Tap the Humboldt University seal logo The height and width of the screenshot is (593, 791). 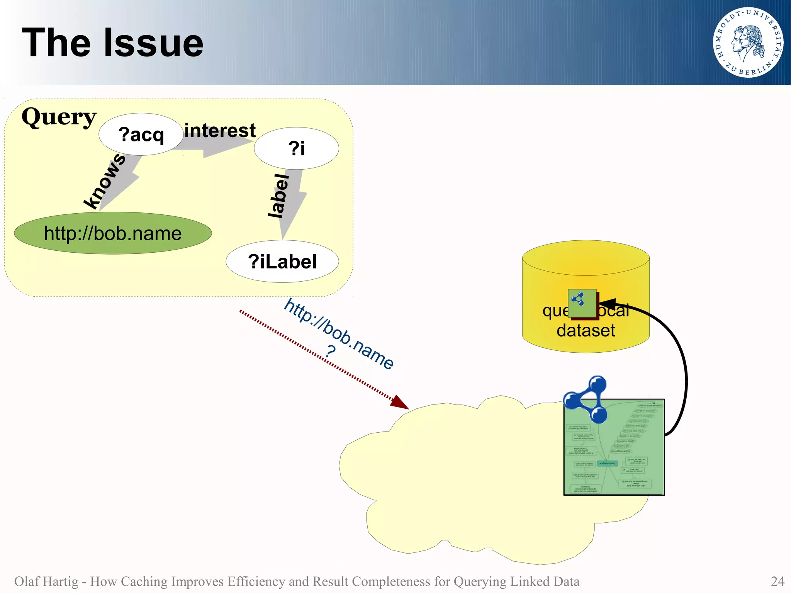(748, 42)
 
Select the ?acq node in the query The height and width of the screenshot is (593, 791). (141, 134)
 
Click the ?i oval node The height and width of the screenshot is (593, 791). (296, 148)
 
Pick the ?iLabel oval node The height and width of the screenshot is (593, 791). (282, 262)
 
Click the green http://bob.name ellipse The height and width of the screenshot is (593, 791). (113, 233)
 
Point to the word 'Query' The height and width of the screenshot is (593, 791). (59, 117)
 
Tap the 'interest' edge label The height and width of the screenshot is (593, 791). (220, 130)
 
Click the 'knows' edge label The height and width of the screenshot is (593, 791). (104, 181)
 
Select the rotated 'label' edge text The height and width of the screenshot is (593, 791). (279, 196)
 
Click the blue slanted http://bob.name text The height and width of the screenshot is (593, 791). (339, 334)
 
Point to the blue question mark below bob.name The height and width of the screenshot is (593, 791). (330, 352)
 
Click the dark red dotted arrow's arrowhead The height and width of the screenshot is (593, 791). (400, 403)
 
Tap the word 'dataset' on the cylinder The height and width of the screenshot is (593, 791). (586, 330)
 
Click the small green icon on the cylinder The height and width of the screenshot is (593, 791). (582, 303)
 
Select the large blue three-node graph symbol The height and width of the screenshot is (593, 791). (586, 400)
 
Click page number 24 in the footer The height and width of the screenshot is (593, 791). (777, 581)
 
